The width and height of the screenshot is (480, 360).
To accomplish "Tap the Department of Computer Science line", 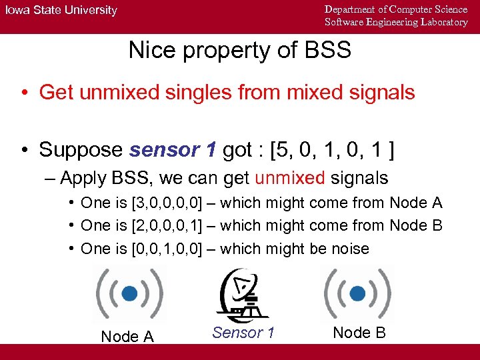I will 396,9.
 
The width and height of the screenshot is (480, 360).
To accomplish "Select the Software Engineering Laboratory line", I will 396,22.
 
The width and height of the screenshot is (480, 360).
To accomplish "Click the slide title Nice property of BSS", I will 239,50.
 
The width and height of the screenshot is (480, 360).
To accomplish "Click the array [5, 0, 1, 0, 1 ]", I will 331,150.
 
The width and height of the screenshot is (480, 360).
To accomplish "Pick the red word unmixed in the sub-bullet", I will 289,178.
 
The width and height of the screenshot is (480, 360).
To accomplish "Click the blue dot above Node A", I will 131,293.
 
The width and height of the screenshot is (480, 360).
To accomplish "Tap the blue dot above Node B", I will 358,292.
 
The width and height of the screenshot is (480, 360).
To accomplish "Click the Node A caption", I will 127,337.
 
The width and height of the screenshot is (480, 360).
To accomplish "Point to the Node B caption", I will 359,332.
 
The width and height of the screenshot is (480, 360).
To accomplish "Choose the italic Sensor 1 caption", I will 243,332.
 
